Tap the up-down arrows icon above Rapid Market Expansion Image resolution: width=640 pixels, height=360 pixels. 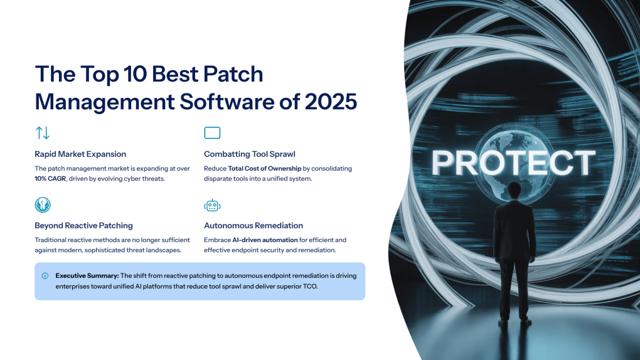click(43, 133)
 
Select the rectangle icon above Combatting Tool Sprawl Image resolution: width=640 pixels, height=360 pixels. click(212, 133)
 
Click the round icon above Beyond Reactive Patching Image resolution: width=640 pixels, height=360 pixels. click(43, 205)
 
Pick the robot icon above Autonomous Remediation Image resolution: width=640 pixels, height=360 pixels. click(212, 205)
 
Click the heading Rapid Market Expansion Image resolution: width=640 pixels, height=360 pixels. click(80, 154)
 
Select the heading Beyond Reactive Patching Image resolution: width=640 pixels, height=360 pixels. click(83, 225)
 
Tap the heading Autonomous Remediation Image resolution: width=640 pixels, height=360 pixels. click(253, 225)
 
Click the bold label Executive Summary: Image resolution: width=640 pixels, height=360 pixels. click(87, 275)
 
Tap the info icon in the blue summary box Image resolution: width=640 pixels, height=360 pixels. click(45, 275)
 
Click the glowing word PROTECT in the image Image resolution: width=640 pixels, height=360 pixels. click(513, 163)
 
